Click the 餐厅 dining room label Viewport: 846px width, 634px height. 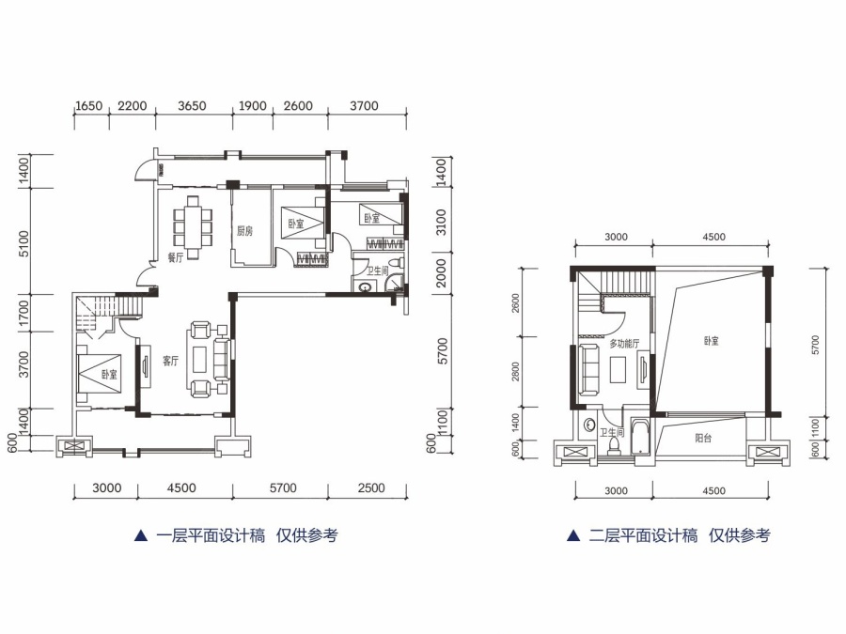(x=176, y=257)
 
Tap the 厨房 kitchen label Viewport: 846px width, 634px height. (x=244, y=231)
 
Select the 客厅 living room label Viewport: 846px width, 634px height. (x=170, y=361)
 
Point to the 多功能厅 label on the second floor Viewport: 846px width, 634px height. (x=624, y=344)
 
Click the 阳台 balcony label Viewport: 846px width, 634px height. (x=703, y=439)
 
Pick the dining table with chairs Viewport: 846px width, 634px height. (x=193, y=227)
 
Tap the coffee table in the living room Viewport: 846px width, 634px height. (x=200, y=359)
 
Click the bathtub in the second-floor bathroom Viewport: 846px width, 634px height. (x=640, y=437)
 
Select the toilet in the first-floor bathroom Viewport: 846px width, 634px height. (x=397, y=263)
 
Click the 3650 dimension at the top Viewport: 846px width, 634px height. (x=192, y=105)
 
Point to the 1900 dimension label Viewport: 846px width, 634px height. (x=253, y=105)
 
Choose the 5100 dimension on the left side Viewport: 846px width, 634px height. (x=24, y=243)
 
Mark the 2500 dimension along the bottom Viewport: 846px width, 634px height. (x=371, y=487)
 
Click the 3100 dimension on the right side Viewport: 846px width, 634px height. (x=441, y=222)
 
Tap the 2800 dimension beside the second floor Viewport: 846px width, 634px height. (x=515, y=372)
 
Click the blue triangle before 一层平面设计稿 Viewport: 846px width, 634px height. (x=140, y=536)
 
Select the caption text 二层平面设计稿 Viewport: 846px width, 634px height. (x=643, y=536)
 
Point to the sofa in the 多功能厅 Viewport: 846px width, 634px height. (x=589, y=370)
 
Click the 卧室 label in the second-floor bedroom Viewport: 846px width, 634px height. (x=712, y=341)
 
